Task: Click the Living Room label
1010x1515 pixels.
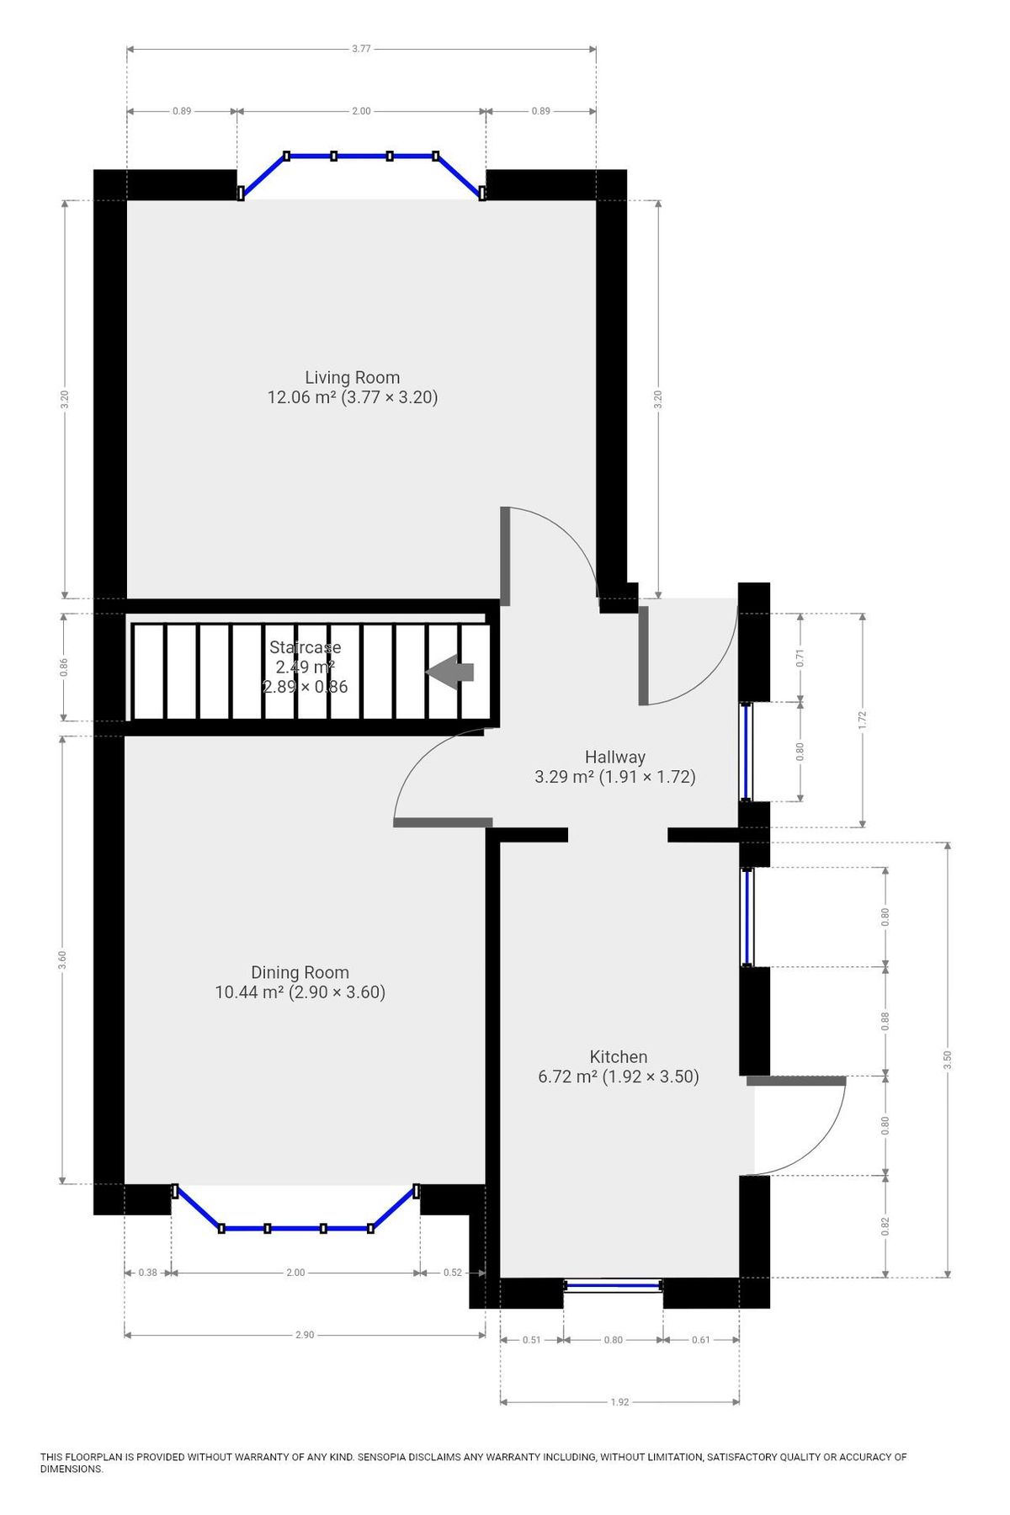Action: [x=352, y=378]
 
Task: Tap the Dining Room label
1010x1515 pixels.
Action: [x=300, y=972]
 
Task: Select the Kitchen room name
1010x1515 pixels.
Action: [x=618, y=1056]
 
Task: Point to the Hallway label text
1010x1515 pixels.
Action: [x=614, y=757]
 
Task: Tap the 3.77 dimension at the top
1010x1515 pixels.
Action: [x=361, y=49]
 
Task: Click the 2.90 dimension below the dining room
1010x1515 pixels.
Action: [x=305, y=1335]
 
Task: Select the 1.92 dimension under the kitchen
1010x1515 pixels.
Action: [x=619, y=1402]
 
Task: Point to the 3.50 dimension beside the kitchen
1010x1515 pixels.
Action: [x=948, y=1060]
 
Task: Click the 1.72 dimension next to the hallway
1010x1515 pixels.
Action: [x=862, y=720]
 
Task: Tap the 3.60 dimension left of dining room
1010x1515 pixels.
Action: [x=62, y=960]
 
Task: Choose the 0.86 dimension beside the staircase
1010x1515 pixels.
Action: [x=64, y=667]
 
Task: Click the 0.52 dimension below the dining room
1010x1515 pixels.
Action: [x=453, y=1273]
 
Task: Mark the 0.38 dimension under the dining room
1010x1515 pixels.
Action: [x=147, y=1273]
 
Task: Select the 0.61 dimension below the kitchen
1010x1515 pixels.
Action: [x=700, y=1340]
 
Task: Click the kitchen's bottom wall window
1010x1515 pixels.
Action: [x=613, y=1284]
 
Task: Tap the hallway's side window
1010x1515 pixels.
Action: [x=746, y=751]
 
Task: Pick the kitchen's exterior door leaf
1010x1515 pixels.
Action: [x=796, y=1081]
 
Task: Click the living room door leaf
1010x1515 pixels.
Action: [x=505, y=555]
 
